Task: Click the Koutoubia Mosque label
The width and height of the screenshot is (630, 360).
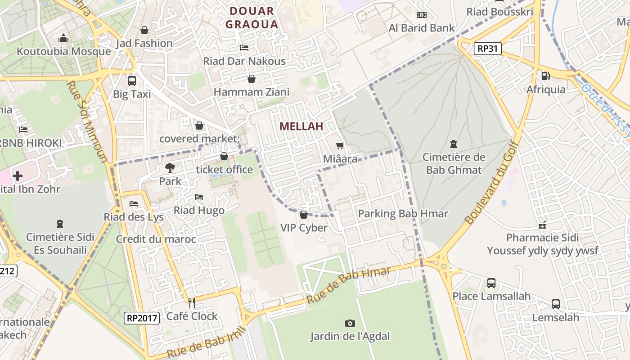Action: coord(63,51)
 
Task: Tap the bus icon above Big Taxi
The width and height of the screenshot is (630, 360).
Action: coord(132,81)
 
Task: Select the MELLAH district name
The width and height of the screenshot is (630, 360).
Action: coord(301,126)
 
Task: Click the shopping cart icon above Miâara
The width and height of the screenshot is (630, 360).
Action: coord(340,146)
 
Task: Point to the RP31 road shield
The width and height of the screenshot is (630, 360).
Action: coord(488,49)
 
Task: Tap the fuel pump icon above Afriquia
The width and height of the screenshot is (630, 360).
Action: coord(545,76)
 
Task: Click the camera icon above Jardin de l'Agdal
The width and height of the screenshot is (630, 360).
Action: coord(350,323)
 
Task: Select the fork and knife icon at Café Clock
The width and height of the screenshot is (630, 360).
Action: coord(192,303)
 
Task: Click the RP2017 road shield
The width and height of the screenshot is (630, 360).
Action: coord(142,318)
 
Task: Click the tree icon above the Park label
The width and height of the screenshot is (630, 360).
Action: coord(170,168)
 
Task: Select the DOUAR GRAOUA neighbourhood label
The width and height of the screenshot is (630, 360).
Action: coord(252,18)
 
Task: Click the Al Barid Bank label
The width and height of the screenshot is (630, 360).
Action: coord(422,28)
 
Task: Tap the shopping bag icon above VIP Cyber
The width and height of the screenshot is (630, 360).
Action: coord(304,215)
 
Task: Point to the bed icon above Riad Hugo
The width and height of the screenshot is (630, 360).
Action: coord(199,197)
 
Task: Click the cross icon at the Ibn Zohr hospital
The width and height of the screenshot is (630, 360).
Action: coord(18,175)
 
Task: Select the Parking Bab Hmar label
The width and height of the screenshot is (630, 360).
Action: coord(403,214)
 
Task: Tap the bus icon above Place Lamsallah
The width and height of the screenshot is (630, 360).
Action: coord(491,283)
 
